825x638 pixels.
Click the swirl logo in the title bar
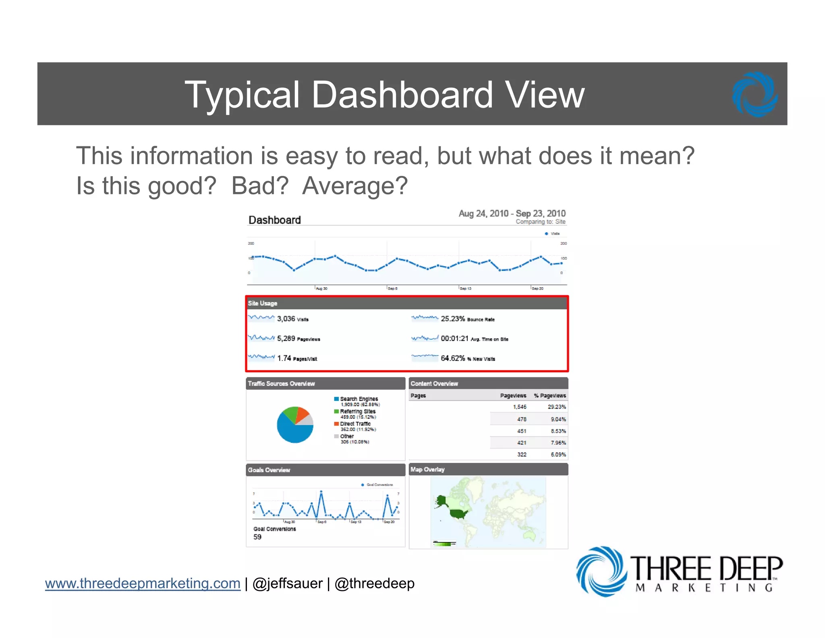pos(755,94)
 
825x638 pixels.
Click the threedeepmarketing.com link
pos(143,584)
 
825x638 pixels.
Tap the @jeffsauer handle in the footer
pos(287,584)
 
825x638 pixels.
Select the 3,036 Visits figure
pos(286,319)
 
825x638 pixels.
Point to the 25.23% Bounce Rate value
pos(453,319)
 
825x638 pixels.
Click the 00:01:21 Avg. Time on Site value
pos(455,338)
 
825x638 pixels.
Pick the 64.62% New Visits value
pos(453,358)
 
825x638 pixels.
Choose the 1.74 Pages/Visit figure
pos(284,358)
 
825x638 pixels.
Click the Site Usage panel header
pos(407,303)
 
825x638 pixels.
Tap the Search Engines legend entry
pos(359,399)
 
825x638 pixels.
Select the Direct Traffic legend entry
pos(355,424)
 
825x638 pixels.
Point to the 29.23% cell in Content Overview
pos(557,407)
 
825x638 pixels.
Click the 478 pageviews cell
pos(522,419)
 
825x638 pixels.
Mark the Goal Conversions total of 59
pos(257,537)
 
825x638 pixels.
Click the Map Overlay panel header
pos(488,469)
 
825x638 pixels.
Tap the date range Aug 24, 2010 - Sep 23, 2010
pos(512,213)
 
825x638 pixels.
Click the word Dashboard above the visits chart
pos(275,220)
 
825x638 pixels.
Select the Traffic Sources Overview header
pos(325,384)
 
